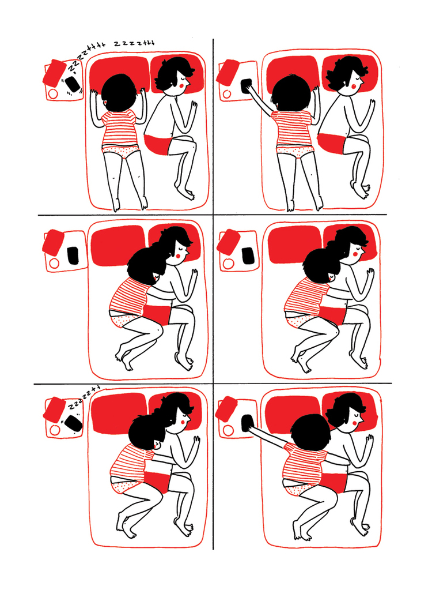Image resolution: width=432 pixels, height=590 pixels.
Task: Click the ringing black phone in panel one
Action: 73,84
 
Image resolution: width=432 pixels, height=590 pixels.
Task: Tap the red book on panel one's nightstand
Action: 55,72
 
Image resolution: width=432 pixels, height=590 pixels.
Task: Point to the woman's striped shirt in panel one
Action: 119,128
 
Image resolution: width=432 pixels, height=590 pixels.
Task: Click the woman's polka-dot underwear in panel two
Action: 295,151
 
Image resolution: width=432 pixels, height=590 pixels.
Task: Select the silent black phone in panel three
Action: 73,255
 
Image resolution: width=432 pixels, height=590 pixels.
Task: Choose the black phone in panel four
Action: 248,255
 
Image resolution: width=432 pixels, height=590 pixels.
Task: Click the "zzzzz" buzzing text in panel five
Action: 84,397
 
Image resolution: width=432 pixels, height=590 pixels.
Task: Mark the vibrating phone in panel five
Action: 73,424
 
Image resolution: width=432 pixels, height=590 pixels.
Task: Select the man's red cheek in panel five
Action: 184,422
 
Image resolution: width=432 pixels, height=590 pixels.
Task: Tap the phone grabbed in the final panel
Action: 247,423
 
